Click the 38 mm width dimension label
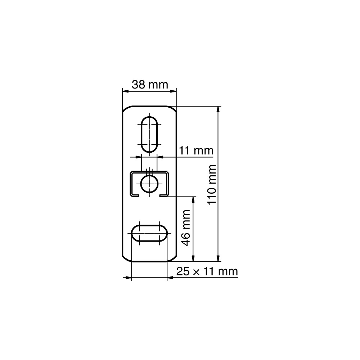(x=150, y=85)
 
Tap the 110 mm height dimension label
(x=211, y=184)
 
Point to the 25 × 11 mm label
(x=207, y=271)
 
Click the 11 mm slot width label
(x=196, y=150)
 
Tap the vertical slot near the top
(x=149, y=135)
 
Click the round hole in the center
(x=149, y=184)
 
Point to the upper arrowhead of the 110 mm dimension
(x=218, y=109)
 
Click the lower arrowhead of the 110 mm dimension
(x=218, y=258)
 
